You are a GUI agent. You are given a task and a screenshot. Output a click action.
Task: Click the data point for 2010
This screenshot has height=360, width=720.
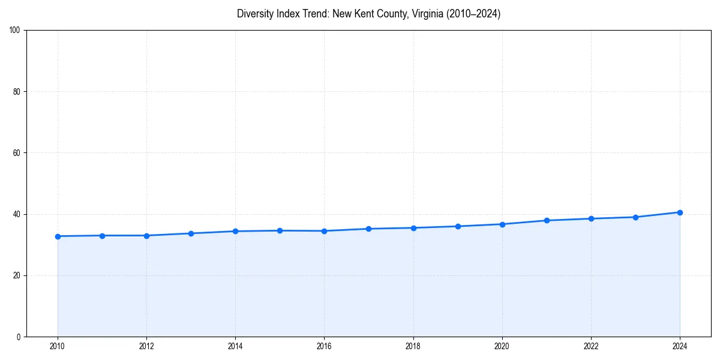coord(58,236)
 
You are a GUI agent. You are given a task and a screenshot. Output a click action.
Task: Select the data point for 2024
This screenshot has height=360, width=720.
coord(680,212)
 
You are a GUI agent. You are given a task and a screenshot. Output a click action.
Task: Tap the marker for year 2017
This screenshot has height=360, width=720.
coord(369,229)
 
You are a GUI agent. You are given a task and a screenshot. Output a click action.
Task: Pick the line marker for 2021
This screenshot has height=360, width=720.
coord(547,220)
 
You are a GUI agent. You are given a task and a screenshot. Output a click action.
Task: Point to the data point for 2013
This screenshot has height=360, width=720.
coord(191,233)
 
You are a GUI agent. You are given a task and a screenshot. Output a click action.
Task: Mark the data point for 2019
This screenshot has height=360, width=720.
coord(458,226)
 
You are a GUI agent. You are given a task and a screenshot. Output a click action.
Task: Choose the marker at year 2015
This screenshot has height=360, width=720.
coord(280,230)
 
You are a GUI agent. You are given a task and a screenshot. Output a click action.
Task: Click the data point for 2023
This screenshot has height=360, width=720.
coord(635,217)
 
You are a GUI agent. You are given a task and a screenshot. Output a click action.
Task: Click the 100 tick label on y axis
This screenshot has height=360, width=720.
coord(15,30)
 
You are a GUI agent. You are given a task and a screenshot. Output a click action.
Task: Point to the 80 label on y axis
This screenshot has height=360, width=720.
coord(17,92)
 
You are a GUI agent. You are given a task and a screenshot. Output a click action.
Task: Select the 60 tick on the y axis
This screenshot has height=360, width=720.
coord(17,153)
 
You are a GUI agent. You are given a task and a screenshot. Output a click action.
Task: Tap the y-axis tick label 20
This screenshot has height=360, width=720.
coord(17,275)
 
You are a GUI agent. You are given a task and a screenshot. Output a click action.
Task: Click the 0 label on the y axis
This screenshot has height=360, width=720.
coord(19,337)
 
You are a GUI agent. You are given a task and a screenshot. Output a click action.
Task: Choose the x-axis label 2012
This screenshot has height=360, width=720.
coord(146,346)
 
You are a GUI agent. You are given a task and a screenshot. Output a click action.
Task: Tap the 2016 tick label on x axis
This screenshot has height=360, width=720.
coord(324,346)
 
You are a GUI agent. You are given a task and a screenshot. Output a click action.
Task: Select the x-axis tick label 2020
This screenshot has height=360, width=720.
coord(502,346)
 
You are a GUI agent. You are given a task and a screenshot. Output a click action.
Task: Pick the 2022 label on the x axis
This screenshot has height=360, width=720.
coord(591,346)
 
